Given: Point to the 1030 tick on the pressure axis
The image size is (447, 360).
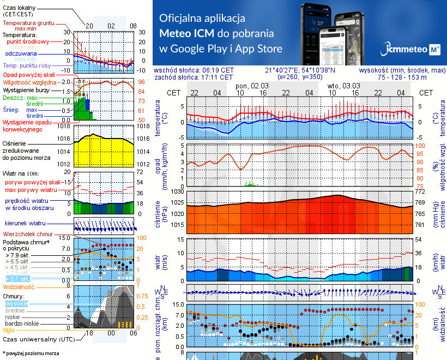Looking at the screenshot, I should pos(178,192).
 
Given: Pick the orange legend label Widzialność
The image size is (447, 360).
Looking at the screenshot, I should pos(19,286).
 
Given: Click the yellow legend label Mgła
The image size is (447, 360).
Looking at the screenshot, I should pos(9,329).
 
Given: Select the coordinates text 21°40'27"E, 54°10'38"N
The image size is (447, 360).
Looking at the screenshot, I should pos(300,70).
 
